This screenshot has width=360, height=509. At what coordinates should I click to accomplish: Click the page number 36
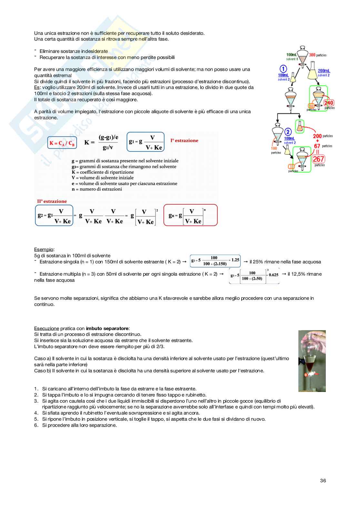(x=323, y=481)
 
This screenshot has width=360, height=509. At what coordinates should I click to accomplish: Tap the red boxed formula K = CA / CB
(x=62, y=143)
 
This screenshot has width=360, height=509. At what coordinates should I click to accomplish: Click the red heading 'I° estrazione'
(x=184, y=141)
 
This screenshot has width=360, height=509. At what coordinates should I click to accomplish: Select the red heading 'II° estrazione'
(x=52, y=201)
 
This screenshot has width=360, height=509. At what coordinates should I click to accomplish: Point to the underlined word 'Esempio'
(x=44, y=250)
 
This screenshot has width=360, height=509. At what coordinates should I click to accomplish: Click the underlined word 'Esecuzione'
(x=46, y=328)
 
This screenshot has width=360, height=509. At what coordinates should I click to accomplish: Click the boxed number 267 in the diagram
(x=318, y=159)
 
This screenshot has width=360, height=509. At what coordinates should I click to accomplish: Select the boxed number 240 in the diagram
(x=328, y=103)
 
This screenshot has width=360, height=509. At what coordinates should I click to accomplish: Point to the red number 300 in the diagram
(x=312, y=55)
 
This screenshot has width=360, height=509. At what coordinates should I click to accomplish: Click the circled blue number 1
(x=283, y=69)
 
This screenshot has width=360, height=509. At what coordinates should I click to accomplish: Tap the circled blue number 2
(x=288, y=132)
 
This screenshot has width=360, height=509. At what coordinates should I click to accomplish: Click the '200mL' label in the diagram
(x=324, y=71)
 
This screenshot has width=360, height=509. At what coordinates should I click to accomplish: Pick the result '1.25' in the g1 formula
(x=235, y=260)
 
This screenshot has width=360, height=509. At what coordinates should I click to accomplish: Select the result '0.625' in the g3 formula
(x=274, y=275)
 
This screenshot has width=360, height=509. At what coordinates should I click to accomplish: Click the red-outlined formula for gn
(x=190, y=215)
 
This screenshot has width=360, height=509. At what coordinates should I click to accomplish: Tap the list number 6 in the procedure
(x=36, y=426)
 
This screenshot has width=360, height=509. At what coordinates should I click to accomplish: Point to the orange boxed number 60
(x=311, y=106)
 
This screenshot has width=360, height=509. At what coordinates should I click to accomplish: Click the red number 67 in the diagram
(x=317, y=146)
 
